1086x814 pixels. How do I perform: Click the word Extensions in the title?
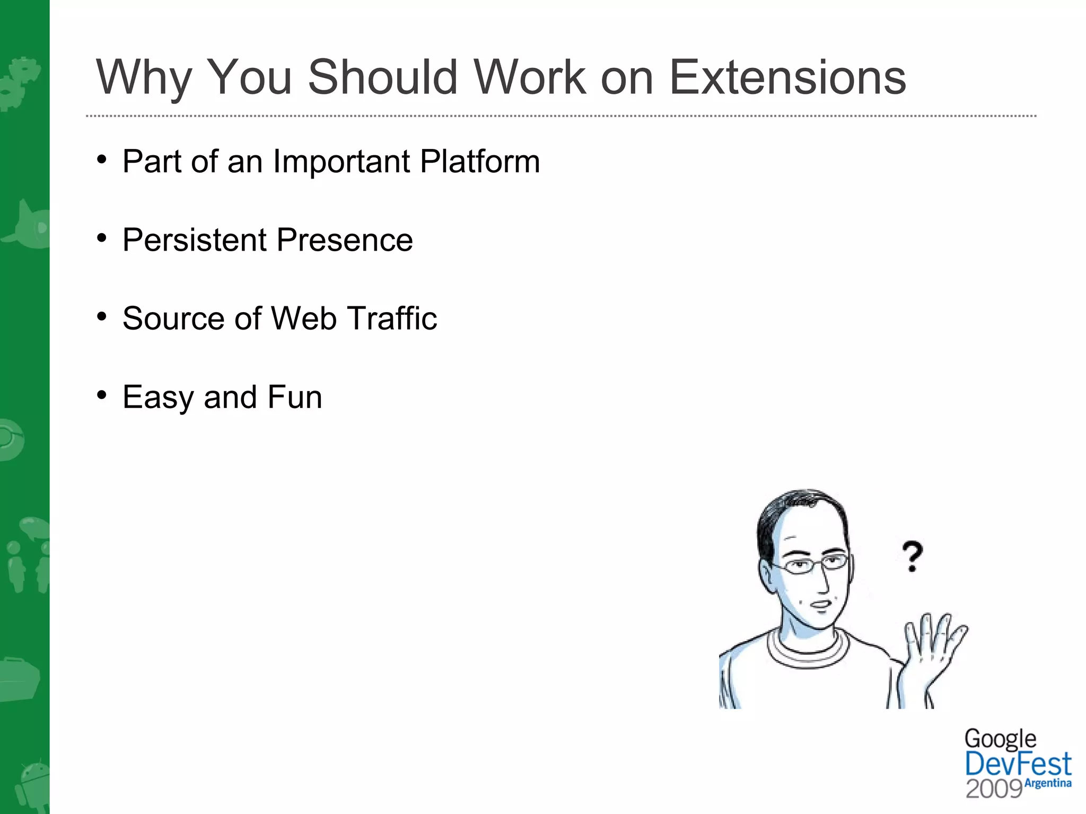click(787, 78)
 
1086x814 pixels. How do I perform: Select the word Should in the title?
click(382, 78)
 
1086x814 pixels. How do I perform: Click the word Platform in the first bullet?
click(480, 162)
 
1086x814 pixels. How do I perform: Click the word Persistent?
click(195, 240)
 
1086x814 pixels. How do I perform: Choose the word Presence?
click(344, 240)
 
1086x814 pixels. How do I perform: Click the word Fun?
click(294, 397)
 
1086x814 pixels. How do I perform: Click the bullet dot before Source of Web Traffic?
click(102, 317)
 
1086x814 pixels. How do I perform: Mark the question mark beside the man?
click(912, 555)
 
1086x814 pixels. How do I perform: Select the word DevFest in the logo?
click(1018, 765)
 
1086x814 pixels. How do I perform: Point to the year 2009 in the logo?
click(994, 789)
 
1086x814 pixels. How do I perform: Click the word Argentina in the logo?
click(1048, 783)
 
